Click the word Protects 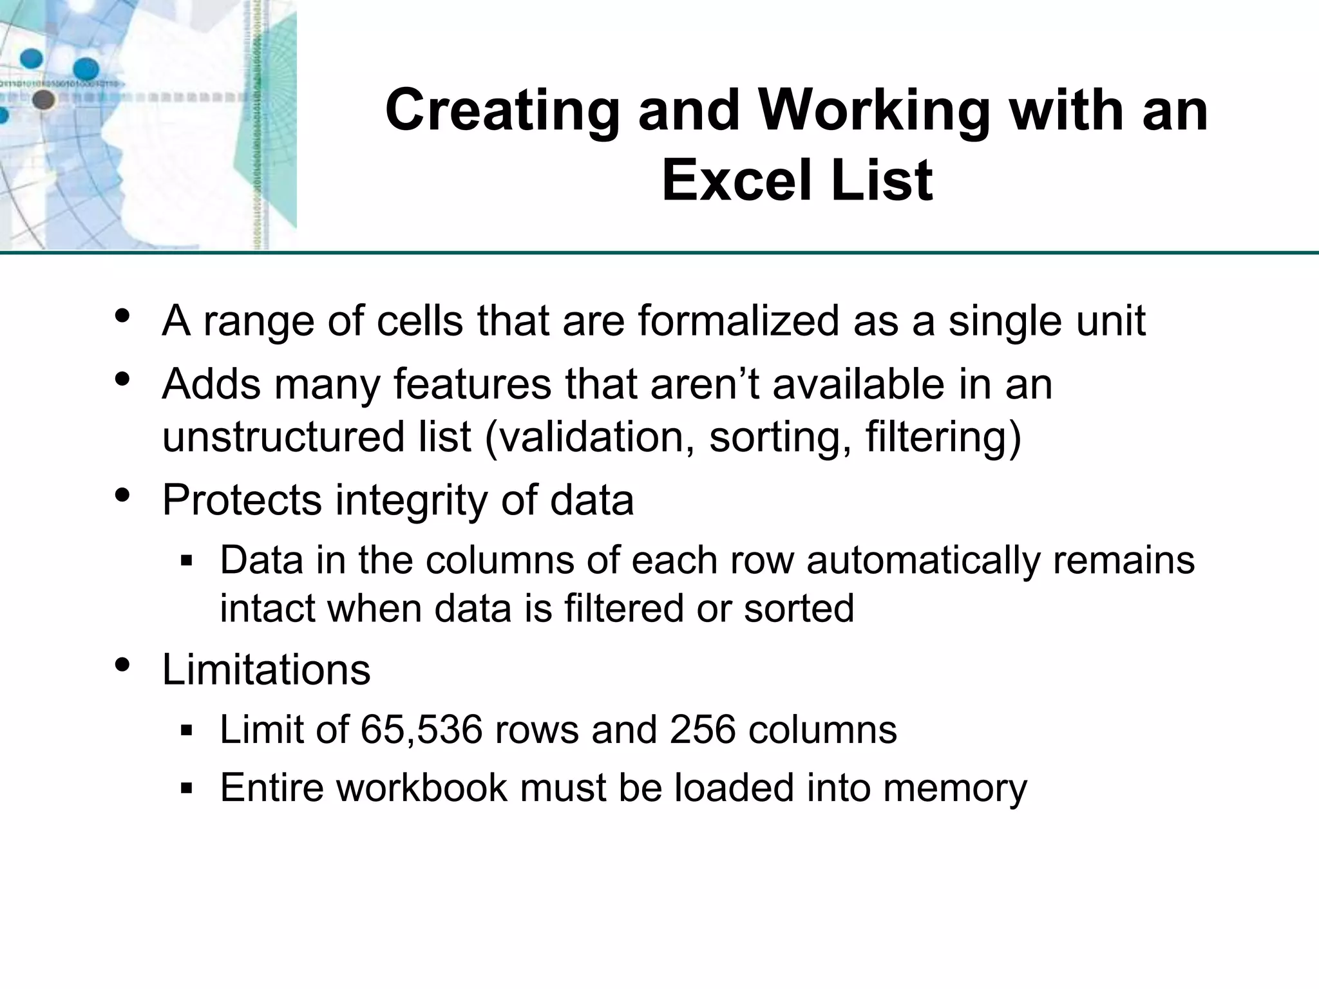[x=242, y=500]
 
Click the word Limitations [x=266, y=670]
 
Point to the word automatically [x=923, y=560]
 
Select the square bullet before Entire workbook [x=187, y=787]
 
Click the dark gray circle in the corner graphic [x=43, y=100]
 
